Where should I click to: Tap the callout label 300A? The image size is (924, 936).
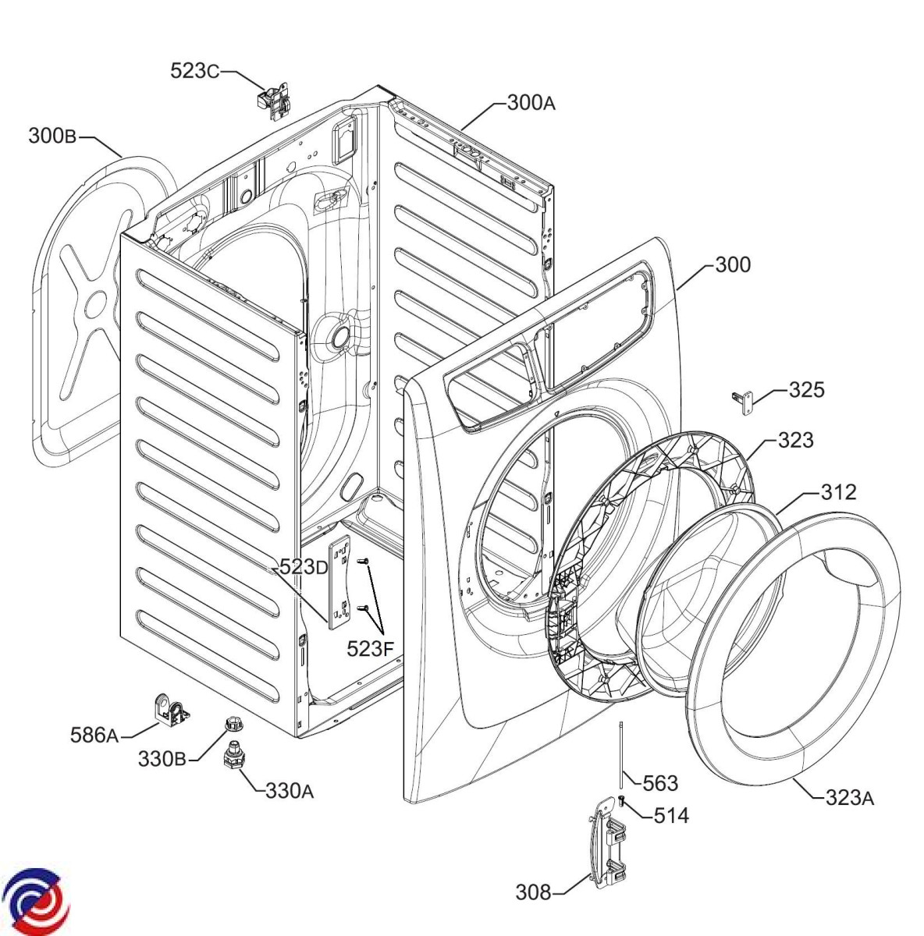pos(531,102)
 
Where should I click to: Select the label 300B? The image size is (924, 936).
pos(52,136)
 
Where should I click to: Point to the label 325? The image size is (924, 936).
pos(806,389)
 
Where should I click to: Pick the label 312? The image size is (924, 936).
pos(838,492)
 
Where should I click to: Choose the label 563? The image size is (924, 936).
pos(659,782)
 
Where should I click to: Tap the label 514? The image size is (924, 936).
pos(671,816)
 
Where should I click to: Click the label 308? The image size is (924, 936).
pos(533,891)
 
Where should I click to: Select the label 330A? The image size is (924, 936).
pos(290,791)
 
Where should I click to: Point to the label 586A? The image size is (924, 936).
pos(94,734)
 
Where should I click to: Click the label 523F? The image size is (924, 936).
pos(371,647)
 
